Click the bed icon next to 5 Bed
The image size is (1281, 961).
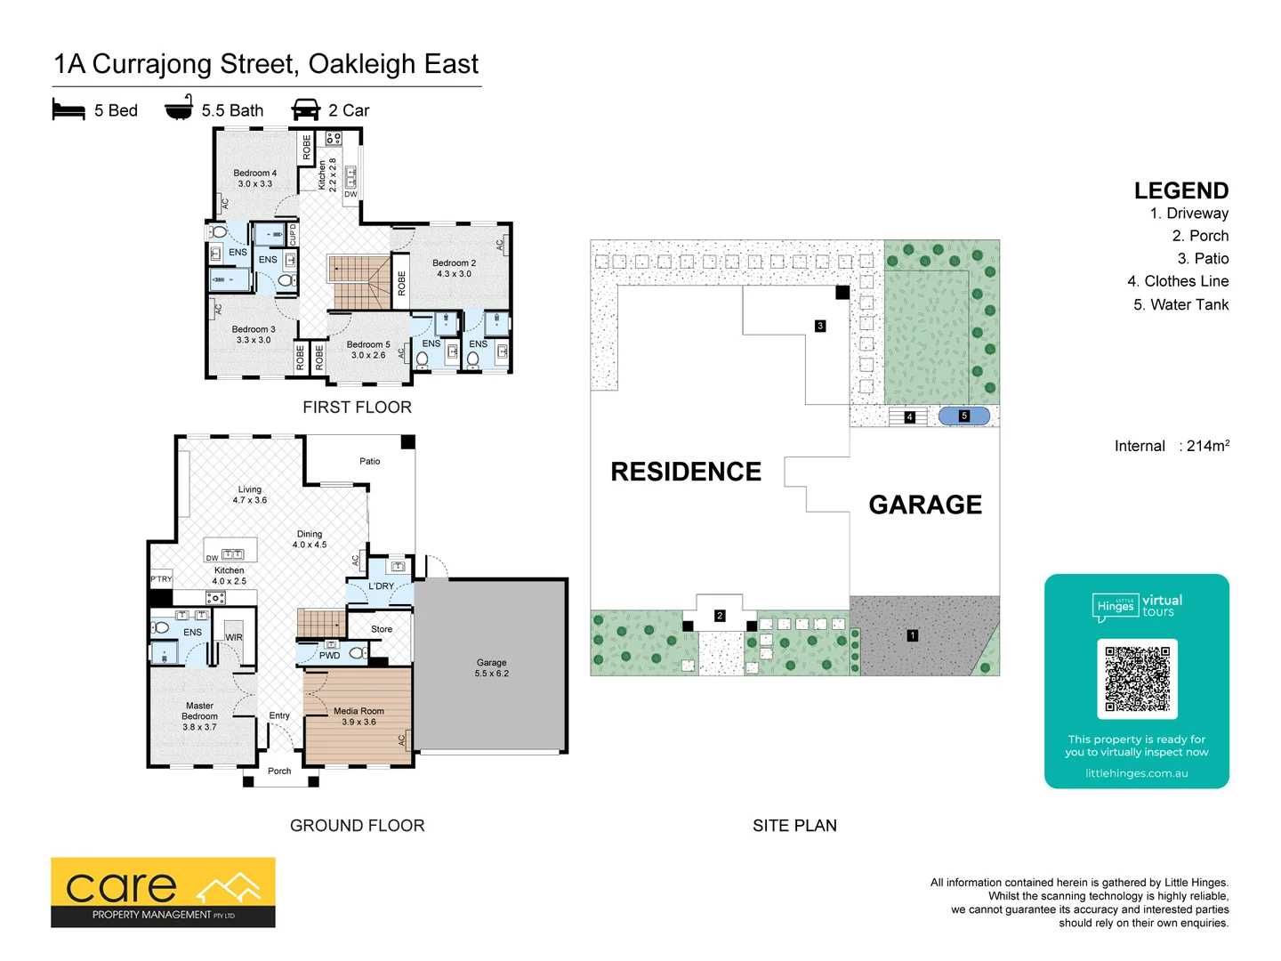point(68,109)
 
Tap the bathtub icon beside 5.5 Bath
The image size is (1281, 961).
point(179,108)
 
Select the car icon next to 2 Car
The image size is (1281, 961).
point(305,109)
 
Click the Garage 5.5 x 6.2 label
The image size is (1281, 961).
point(491,667)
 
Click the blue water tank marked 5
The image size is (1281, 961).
point(963,416)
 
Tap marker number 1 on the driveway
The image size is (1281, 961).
point(912,635)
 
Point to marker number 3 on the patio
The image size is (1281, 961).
point(820,326)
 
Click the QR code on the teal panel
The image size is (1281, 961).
point(1137,679)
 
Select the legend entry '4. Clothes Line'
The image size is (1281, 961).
point(1178,281)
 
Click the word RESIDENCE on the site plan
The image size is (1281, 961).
point(685,472)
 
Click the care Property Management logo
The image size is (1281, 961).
point(163,892)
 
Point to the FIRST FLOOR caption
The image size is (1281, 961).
point(357,408)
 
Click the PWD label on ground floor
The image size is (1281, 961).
point(329,656)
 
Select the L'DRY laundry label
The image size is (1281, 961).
point(381,586)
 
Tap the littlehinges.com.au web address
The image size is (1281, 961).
point(1136,773)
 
